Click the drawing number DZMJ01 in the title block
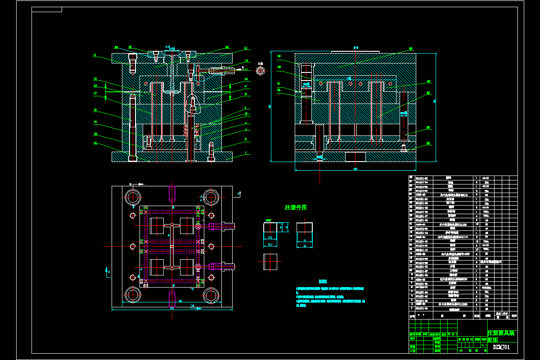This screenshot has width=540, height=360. (x=501, y=347)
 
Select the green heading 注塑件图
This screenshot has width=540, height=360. (x=296, y=207)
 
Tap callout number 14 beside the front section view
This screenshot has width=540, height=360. (x=95, y=55)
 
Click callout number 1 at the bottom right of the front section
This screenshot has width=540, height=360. (x=246, y=153)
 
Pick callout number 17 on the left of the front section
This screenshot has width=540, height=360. (x=95, y=94)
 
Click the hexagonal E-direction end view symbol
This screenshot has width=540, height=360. (x=260, y=70)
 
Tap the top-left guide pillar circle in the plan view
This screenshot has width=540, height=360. (x=134, y=197)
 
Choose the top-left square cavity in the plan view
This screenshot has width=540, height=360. (x=156, y=225)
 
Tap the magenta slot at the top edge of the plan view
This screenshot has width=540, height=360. (x=172, y=193)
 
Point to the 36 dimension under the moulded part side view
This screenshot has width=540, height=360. (x=304, y=246)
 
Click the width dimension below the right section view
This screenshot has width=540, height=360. (x=355, y=169)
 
